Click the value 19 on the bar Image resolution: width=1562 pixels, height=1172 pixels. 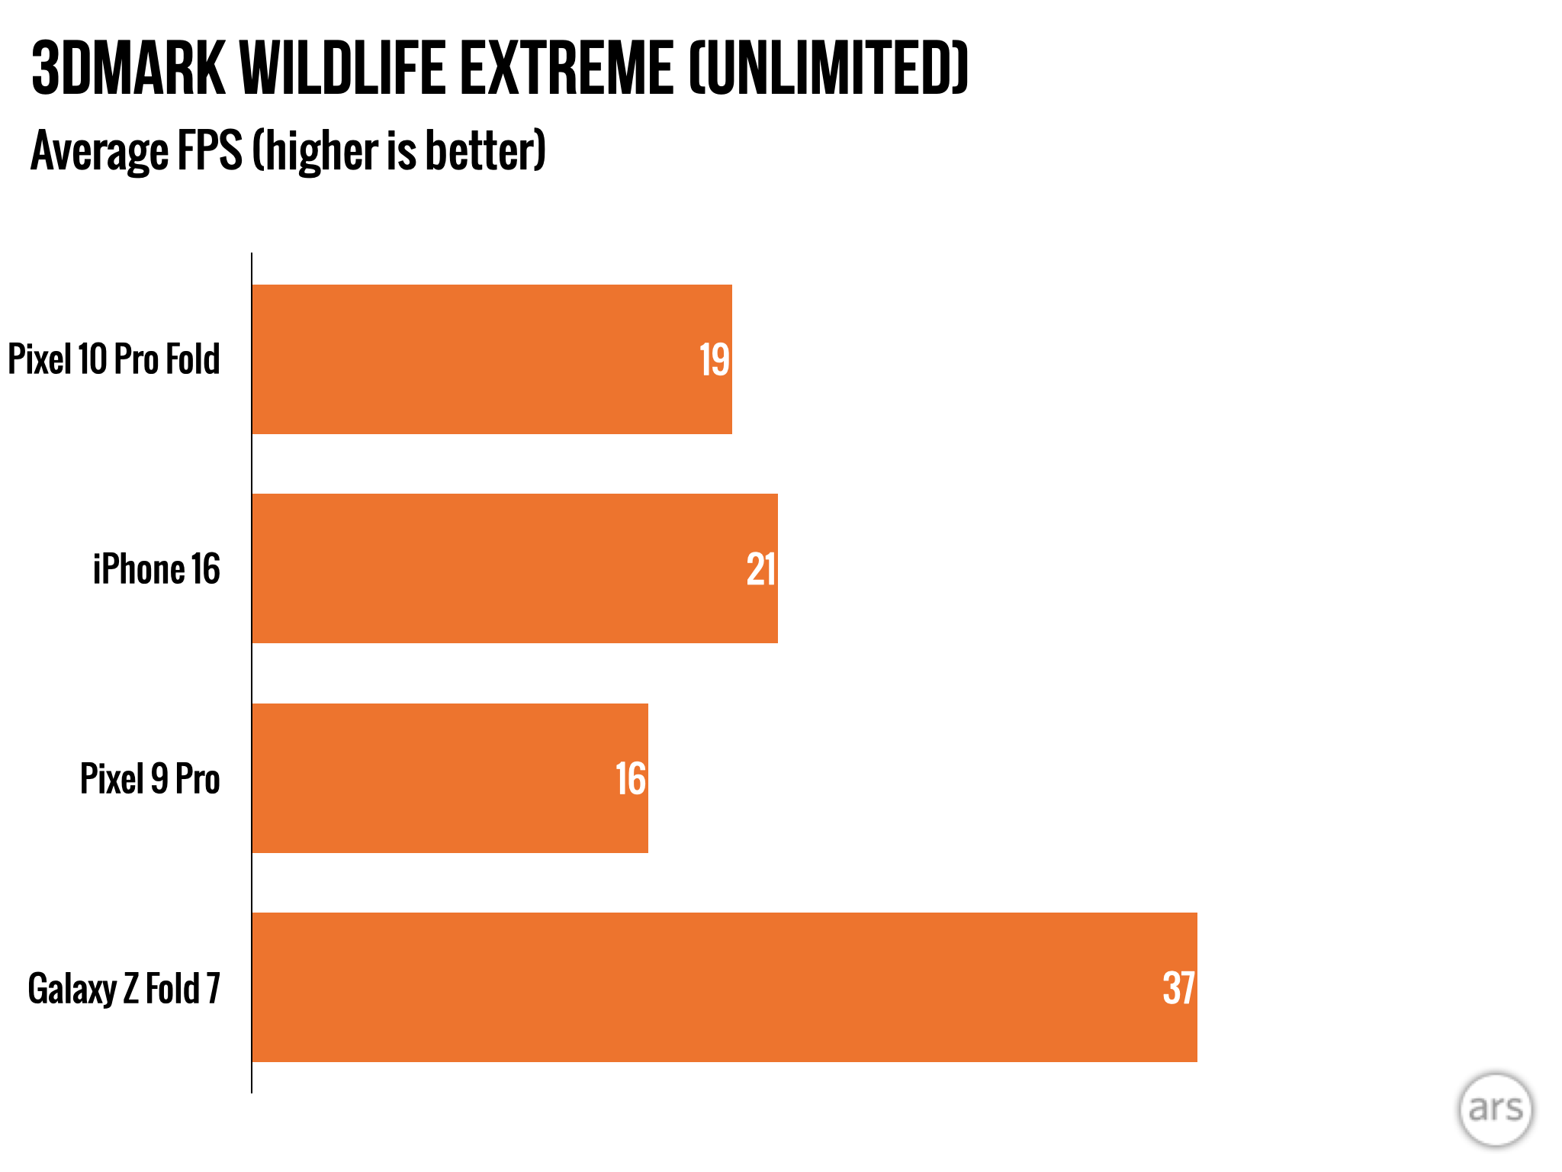[715, 360]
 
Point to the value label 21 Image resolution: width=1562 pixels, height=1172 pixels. [761, 570]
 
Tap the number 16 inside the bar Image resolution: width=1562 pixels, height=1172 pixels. [631, 779]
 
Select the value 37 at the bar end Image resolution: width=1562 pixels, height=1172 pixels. [1178, 989]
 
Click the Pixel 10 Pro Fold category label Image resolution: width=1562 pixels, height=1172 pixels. [114, 359]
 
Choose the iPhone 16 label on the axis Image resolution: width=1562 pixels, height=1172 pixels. [156, 570]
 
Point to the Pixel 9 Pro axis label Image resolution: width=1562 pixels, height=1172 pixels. [150, 779]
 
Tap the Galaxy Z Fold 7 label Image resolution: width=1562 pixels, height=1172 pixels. [124, 989]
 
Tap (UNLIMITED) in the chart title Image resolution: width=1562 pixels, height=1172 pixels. [828, 69]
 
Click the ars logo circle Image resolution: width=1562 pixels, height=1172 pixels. [1495, 1109]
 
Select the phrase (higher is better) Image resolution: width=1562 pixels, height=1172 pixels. [399, 151]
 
